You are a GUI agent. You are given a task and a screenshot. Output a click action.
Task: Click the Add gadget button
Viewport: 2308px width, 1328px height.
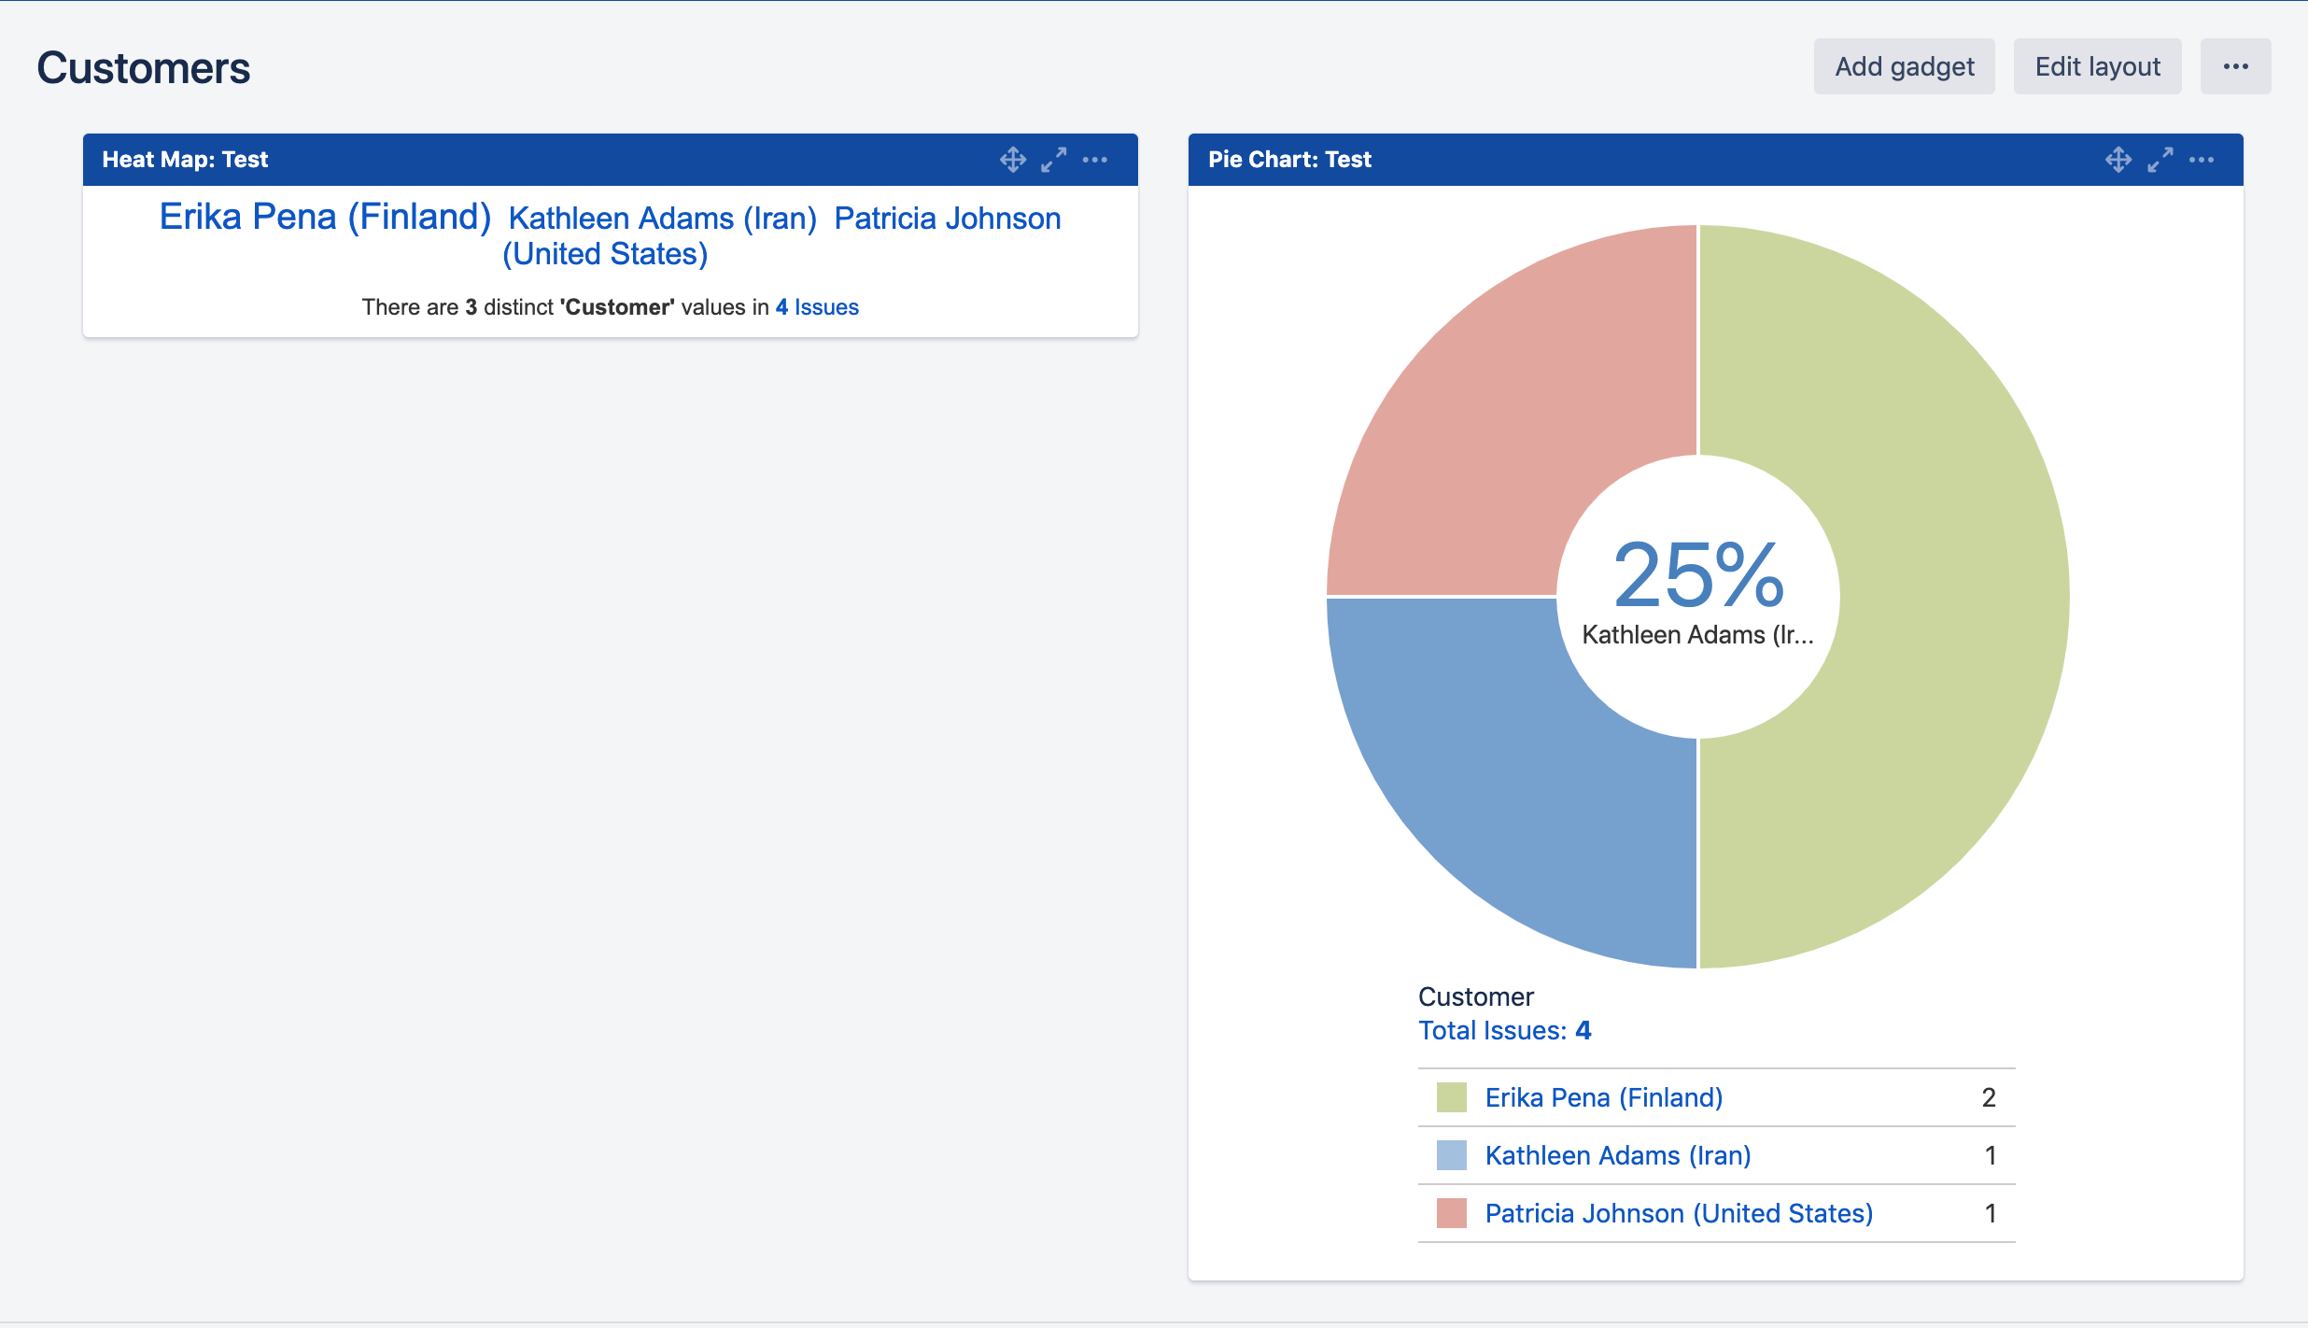[x=1904, y=66]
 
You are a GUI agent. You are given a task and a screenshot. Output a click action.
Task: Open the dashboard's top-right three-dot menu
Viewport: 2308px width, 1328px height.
[x=2235, y=66]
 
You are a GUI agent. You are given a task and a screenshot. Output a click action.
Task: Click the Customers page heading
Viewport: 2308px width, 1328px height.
[x=144, y=68]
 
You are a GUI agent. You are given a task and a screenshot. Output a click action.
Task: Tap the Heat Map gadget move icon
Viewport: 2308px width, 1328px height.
[x=1013, y=160]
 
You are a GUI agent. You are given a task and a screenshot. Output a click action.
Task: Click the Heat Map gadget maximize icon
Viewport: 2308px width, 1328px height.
[x=1054, y=160]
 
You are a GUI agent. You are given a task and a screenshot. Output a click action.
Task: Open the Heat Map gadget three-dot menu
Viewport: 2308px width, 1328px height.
[x=1095, y=160]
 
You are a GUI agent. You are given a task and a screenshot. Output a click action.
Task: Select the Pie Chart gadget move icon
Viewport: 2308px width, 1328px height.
[x=2118, y=160]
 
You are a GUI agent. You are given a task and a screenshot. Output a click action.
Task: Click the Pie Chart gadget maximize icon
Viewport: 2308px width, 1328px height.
[x=2160, y=160]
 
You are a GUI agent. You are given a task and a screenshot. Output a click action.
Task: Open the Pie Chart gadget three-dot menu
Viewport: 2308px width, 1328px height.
[x=2202, y=160]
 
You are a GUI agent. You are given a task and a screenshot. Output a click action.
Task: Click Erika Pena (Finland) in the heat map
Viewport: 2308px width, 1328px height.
[x=325, y=217]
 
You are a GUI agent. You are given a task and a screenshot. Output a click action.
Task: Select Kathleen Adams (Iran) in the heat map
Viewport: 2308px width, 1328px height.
[x=662, y=219]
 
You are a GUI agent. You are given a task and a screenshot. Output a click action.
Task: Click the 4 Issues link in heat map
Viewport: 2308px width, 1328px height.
[x=817, y=307]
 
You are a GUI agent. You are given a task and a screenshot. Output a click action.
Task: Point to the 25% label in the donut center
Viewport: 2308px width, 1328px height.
[x=1698, y=574]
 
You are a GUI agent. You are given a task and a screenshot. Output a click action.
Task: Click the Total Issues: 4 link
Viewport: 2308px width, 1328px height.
[x=1504, y=1030]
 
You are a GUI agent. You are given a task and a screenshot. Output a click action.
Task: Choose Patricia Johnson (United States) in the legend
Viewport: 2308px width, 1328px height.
[x=1679, y=1213]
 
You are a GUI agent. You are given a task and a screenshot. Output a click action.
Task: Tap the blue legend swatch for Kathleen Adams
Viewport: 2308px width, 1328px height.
[x=1451, y=1155]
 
